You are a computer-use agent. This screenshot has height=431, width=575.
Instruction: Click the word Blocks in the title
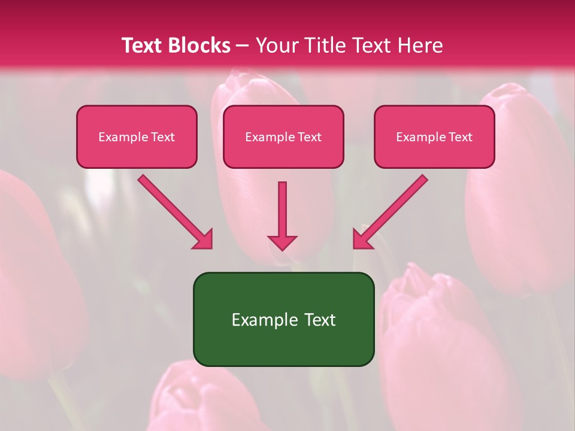[199, 45]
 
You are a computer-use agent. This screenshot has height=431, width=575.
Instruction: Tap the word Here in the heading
[419, 45]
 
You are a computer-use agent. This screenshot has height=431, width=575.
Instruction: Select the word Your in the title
[275, 45]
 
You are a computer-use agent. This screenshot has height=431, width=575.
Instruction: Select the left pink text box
[137, 136]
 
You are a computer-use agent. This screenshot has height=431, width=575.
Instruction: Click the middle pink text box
[283, 136]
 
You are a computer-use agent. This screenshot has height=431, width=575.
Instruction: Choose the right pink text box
[434, 136]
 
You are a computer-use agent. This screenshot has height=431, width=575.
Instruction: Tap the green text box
[283, 319]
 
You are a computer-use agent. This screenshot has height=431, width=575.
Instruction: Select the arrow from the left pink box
[174, 210]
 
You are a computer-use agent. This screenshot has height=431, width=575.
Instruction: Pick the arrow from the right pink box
[392, 210]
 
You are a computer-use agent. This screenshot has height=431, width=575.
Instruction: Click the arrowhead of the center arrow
[282, 242]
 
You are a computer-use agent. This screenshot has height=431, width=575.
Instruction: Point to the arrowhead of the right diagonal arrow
[362, 239]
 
